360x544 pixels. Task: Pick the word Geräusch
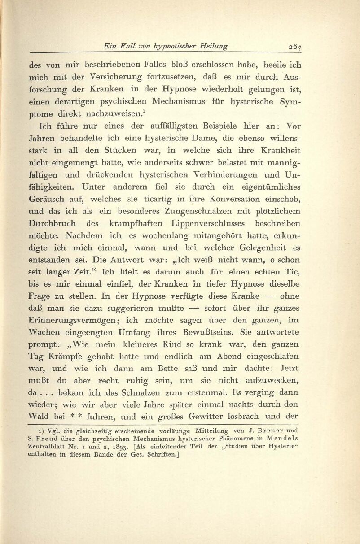[48, 208]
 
